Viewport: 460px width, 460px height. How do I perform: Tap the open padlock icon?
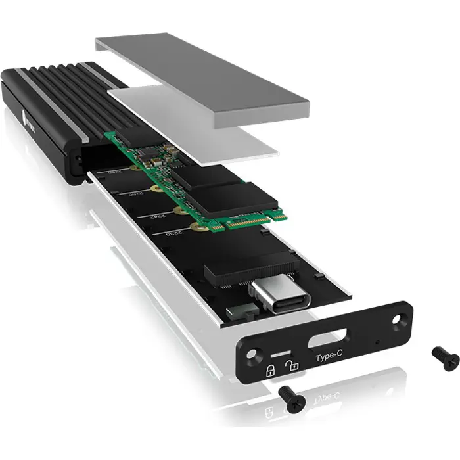(293, 363)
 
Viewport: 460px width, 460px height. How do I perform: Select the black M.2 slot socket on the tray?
(243, 269)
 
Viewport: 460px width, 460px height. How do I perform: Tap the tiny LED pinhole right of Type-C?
(376, 342)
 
